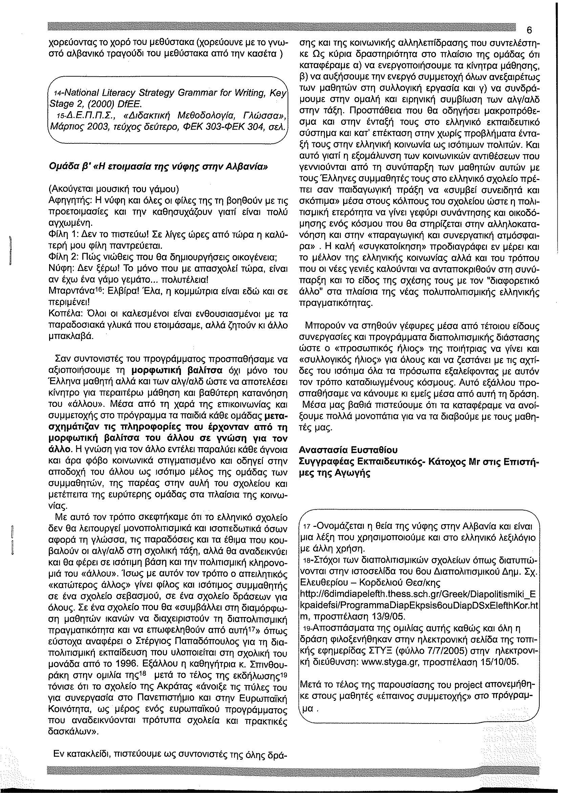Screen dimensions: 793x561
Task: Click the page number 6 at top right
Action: click(529, 31)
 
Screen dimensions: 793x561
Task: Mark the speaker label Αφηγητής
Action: click(66, 200)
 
